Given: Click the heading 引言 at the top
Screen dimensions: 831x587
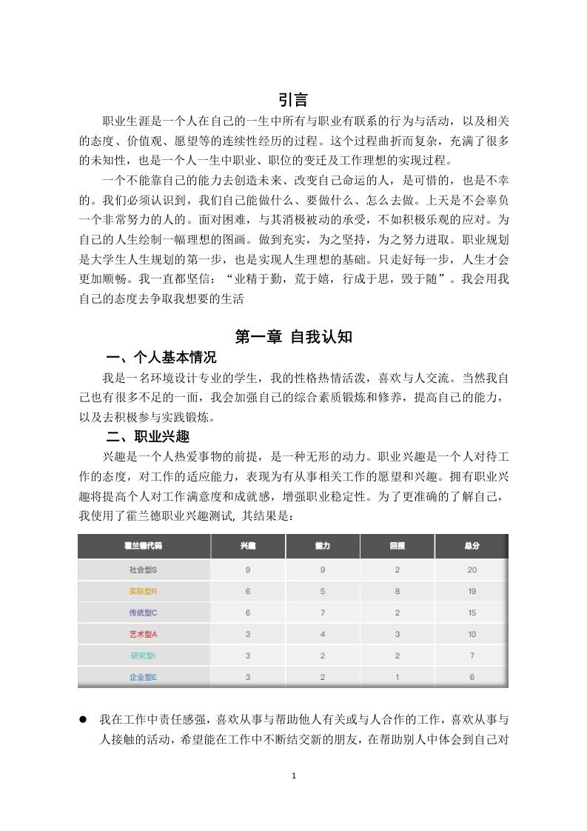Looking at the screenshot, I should (x=293, y=99).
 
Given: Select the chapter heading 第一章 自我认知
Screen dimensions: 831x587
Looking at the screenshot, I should (x=293, y=337).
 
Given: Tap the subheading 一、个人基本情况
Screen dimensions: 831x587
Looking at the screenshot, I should (x=161, y=358).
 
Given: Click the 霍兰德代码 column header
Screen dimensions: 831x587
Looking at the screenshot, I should (x=143, y=546).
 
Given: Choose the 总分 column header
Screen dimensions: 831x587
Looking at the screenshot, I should (x=472, y=546).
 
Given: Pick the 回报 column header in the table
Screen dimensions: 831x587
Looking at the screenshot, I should (x=397, y=546).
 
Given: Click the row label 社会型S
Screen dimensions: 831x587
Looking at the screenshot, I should (x=143, y=570).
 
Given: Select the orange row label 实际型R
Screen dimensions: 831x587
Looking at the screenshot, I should (x=143, y=592).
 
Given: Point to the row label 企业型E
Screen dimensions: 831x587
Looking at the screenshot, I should (x=143, y=677).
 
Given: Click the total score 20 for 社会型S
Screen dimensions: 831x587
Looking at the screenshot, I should (x=472, y=570).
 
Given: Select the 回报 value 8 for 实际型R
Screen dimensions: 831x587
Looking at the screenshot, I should (x=397, y=592).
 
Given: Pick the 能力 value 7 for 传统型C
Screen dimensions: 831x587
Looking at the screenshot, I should (x=322, y=613).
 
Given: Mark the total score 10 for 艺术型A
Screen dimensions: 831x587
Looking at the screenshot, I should (x=472, y=635).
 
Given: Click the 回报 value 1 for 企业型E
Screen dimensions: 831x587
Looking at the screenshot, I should (x=397, y=677).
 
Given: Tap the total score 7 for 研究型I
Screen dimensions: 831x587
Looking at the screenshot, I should (x=472, y=656).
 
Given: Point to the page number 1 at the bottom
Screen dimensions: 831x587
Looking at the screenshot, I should (x=294, y=776).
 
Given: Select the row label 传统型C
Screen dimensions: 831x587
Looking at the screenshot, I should (x=143, y=613).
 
